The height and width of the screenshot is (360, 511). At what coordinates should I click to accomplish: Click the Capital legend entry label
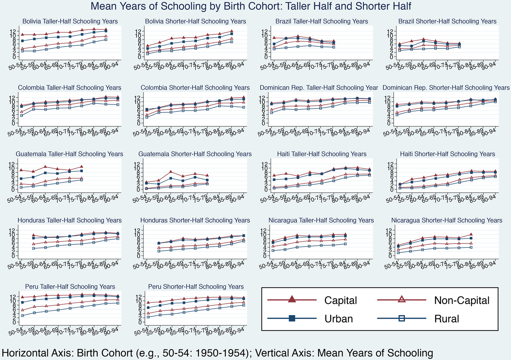(x=340, y=300)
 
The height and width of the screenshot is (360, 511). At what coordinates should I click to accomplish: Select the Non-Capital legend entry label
(x=461, y=300)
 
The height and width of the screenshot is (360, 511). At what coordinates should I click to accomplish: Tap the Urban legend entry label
(x=338, y=319)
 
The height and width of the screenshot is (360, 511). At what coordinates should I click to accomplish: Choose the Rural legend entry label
(x=446, y=319)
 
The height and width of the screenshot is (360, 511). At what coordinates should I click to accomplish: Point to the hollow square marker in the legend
(x=401, y=319)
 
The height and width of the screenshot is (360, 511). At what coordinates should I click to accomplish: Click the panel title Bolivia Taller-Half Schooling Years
(x=70, y=22)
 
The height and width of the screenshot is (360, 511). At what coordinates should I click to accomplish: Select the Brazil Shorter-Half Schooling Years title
(x=447, y=22)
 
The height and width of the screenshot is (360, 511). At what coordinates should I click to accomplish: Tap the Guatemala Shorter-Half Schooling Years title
(x=196, y=154)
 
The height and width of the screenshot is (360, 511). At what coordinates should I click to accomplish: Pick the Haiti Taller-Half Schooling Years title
(x=322, y=154)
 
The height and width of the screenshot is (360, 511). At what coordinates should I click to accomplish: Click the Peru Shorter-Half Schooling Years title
(x=196, y=287)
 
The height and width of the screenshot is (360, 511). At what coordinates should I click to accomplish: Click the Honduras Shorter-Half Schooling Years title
(x=196, y=221)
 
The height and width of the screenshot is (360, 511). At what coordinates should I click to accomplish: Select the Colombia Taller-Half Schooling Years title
(x=70, y=88)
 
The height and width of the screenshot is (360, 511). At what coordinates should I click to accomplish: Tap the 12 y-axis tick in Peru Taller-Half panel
(x=14, y=296)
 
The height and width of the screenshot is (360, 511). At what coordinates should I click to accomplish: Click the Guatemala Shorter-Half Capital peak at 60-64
(x=170, y=172)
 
